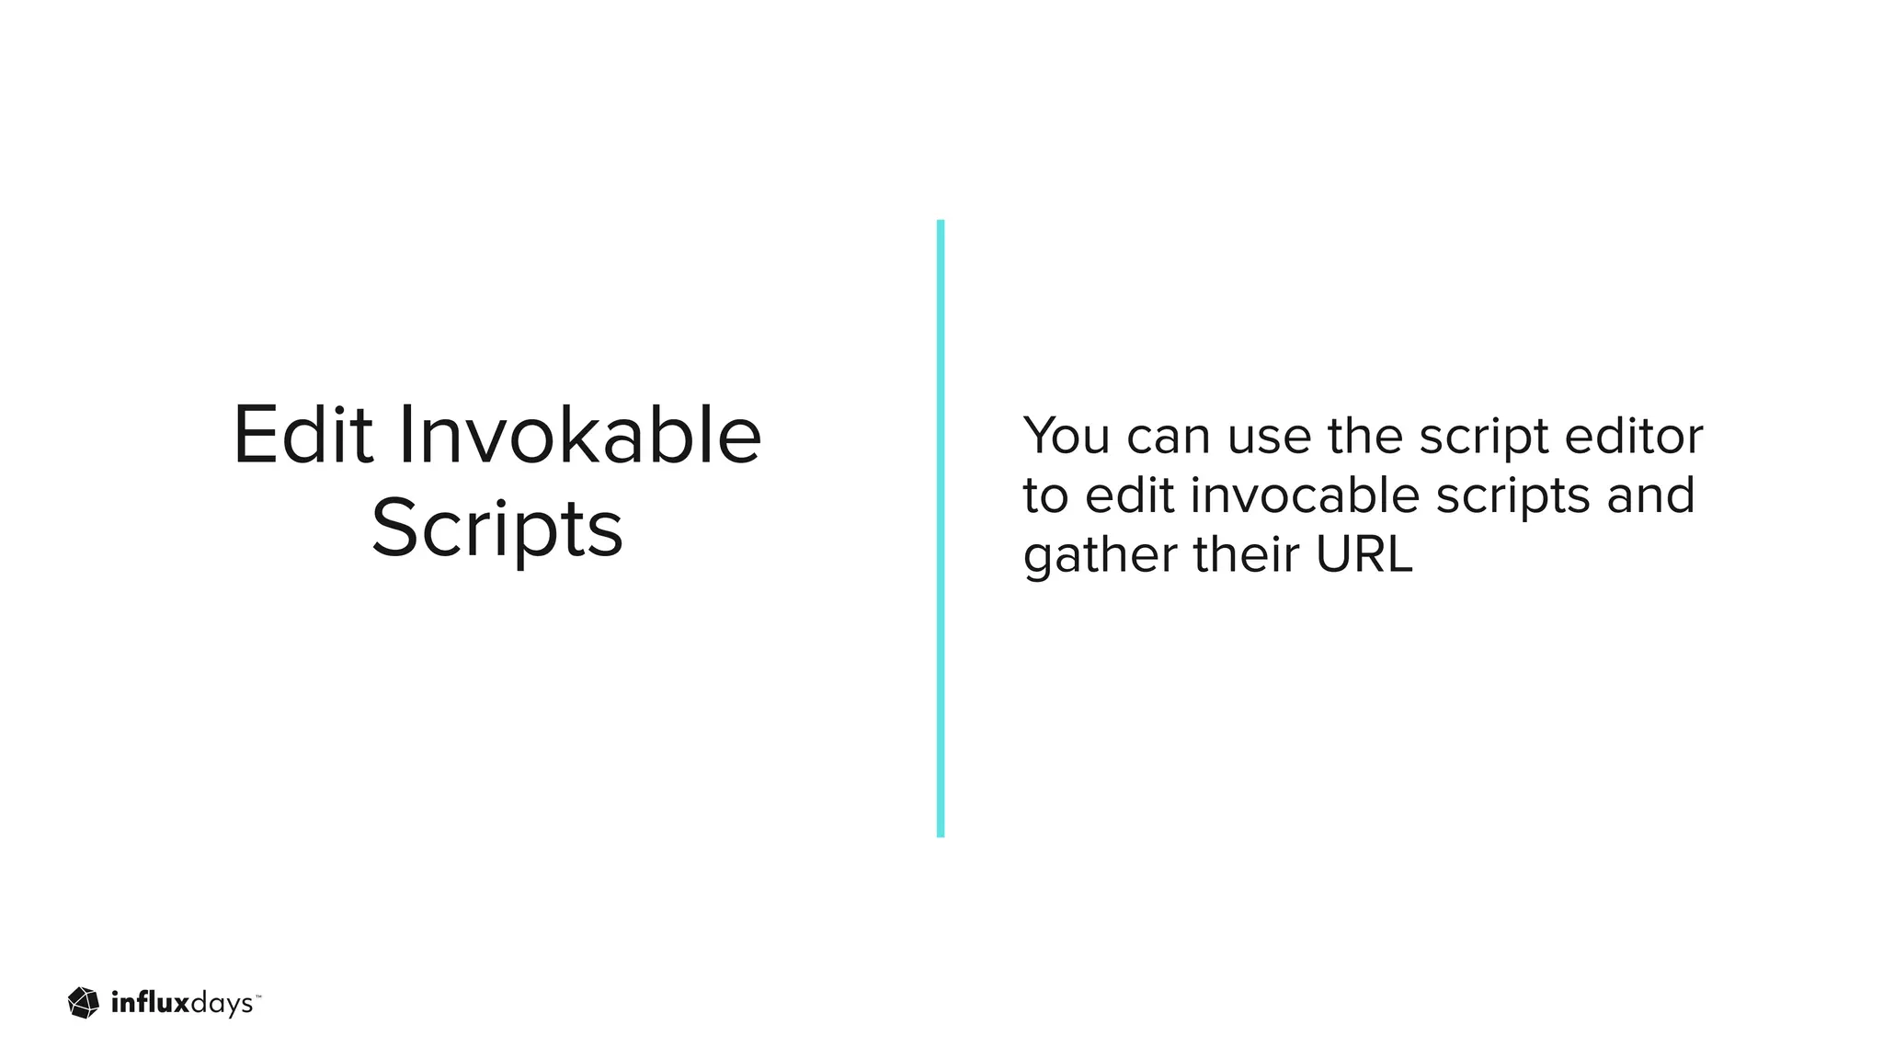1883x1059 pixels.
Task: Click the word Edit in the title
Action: point(302,435)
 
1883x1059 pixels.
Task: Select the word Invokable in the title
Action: point(579,435)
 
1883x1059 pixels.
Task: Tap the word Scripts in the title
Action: point(497,529)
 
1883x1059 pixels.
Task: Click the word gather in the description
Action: point(1101,557)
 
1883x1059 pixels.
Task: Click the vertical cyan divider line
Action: point(941,529)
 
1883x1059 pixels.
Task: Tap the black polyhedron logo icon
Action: point(84,1003)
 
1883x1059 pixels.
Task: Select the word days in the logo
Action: point(221,1005)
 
